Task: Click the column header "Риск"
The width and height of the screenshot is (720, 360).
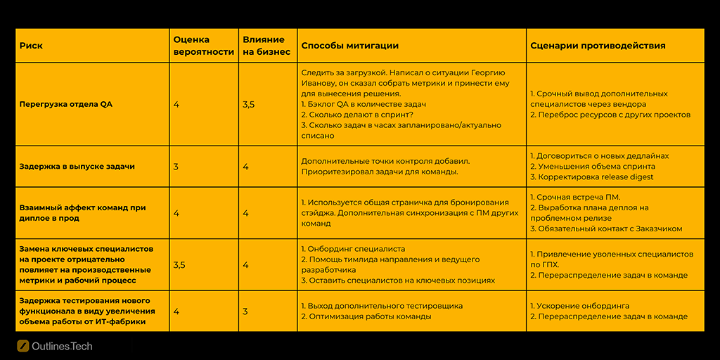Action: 31,46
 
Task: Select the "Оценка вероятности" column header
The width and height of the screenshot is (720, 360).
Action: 203,46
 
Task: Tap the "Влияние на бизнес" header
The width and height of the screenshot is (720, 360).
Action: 264,46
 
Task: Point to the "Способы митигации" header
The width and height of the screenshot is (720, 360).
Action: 349,46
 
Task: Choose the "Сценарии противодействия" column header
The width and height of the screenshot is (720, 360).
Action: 598,46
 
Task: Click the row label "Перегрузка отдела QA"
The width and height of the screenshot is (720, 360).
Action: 66,104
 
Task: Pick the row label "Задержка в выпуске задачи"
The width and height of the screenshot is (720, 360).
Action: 77,167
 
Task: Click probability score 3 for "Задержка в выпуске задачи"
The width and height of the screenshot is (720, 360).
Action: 176,167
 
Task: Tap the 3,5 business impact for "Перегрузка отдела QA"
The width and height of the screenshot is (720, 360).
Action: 248,104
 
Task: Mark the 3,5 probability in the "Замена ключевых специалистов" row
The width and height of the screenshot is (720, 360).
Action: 179,264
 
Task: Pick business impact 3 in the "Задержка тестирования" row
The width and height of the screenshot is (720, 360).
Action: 245,311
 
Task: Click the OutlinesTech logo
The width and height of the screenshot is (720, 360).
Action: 55,346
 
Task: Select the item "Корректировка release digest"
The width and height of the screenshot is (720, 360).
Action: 594,177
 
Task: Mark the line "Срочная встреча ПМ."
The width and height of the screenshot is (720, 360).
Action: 577,198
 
